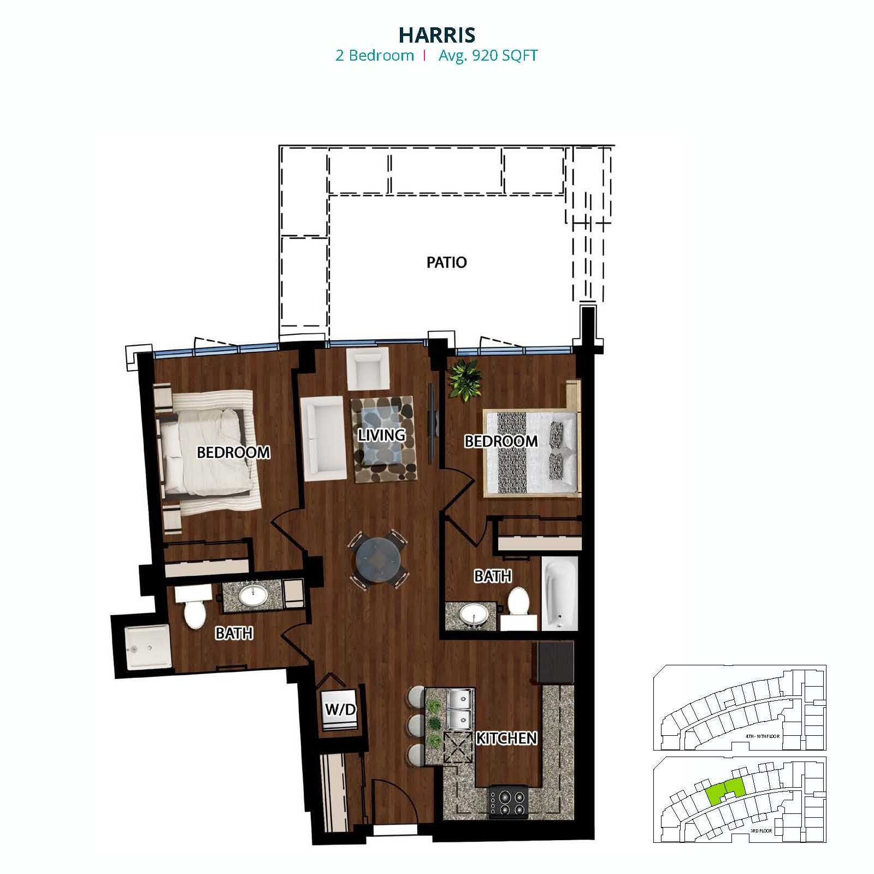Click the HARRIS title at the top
pyautogui.click(x=437, y=34)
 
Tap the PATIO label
pyautogui.click(x=446, y=262)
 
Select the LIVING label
pyautogui.click(x=382, y=435)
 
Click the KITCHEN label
pyautogui.click(x=506, y=738)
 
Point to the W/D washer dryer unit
pyautogui.click(x=340, y=710)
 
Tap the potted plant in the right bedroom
pyautogui.click(x=465, y=379)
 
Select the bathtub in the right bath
pyautogui.click(x=560, y=593)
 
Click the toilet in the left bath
pyautogui.click(x=194, y=607)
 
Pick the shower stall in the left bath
pyautogui.click(x=147, y=647)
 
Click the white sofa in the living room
pyautogui.click(x=322, y=439)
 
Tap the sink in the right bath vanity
pyautogui.click(x=473, y=615)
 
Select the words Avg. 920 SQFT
pyautogui.click(x=488, y=56)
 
